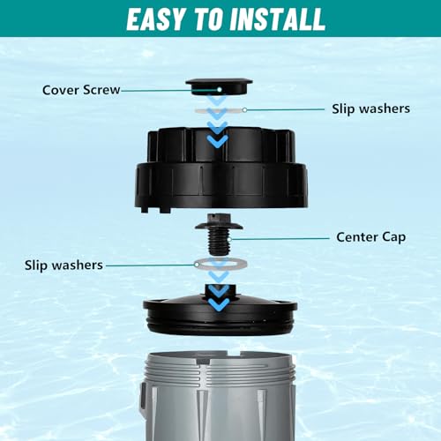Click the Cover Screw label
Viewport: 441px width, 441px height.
[x=81, y=89]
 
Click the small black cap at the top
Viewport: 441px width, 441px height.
[x=219, y=86]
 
